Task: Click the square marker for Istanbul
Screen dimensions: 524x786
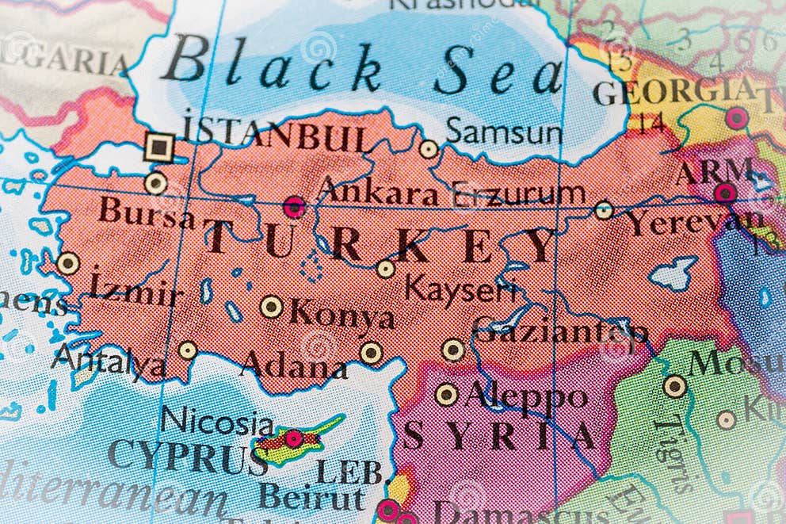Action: (160, 147)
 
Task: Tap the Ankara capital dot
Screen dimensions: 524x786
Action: (294, 207)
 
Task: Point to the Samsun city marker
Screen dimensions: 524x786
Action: (429, 148)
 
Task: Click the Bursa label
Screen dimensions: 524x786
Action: (146, 212)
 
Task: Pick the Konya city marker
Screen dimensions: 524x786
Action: (272, 307)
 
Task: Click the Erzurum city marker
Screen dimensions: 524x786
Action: (604, 210)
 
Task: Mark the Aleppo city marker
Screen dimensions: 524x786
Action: (447, 394)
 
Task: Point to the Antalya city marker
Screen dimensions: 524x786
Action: (188, 350)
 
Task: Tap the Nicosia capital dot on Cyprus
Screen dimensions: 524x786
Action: (294, 438)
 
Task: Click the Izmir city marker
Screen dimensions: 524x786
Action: (68, 263)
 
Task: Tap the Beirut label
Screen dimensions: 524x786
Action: (311, 498)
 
